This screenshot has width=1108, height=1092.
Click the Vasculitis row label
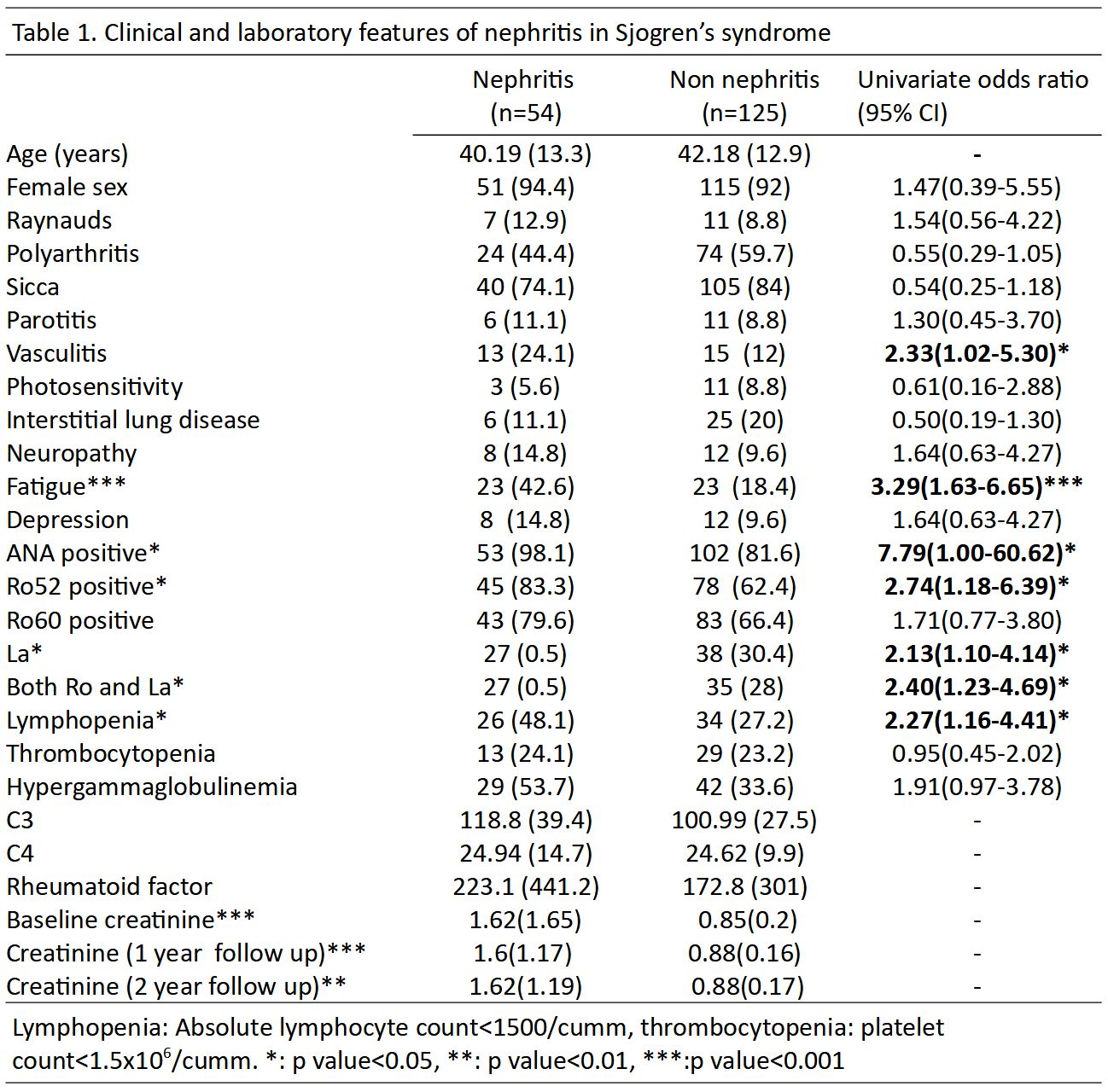[56, 353]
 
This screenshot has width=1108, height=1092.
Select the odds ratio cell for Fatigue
[977, 486]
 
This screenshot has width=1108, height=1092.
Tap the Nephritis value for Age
[525, 154]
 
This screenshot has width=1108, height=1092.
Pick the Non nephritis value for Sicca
[744, 287]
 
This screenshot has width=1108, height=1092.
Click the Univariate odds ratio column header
[972, 96]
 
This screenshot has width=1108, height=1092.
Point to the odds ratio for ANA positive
[977, 553]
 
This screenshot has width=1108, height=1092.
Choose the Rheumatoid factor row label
[109, 886]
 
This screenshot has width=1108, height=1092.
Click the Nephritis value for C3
[525, 820]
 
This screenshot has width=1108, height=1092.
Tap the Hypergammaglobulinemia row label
[152, 787]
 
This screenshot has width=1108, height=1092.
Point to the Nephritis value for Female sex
[525, 187]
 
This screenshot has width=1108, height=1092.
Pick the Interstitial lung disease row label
[133, 420]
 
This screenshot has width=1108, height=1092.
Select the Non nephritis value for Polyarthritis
[744, 253]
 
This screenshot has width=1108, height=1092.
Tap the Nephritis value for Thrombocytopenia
[525, 753]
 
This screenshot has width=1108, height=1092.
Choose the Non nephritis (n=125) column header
[744, 96]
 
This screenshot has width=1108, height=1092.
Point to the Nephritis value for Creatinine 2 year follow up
[525, 986]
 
